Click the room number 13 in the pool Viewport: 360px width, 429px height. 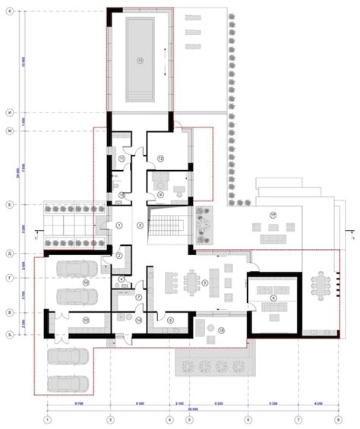pyautogui.click(x=140, y=59)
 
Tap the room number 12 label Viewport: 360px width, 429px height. pyautogui.click(x=161, y=157)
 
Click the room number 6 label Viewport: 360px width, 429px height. pyautogui.click(x=273, y=298)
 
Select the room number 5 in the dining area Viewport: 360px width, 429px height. pyautogui.click(x=205, y=283)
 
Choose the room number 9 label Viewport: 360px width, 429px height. pyautogui.click(x=160, y=194)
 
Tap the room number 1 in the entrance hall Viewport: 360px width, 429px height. pyautogui.click(x=119, y=226)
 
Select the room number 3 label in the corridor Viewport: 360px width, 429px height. pyautogui.click(x=140, y=226)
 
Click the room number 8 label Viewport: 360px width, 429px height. pyautogui.click(x=170, y=320)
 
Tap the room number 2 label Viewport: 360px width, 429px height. pyautogui.click(x=119, y=257)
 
